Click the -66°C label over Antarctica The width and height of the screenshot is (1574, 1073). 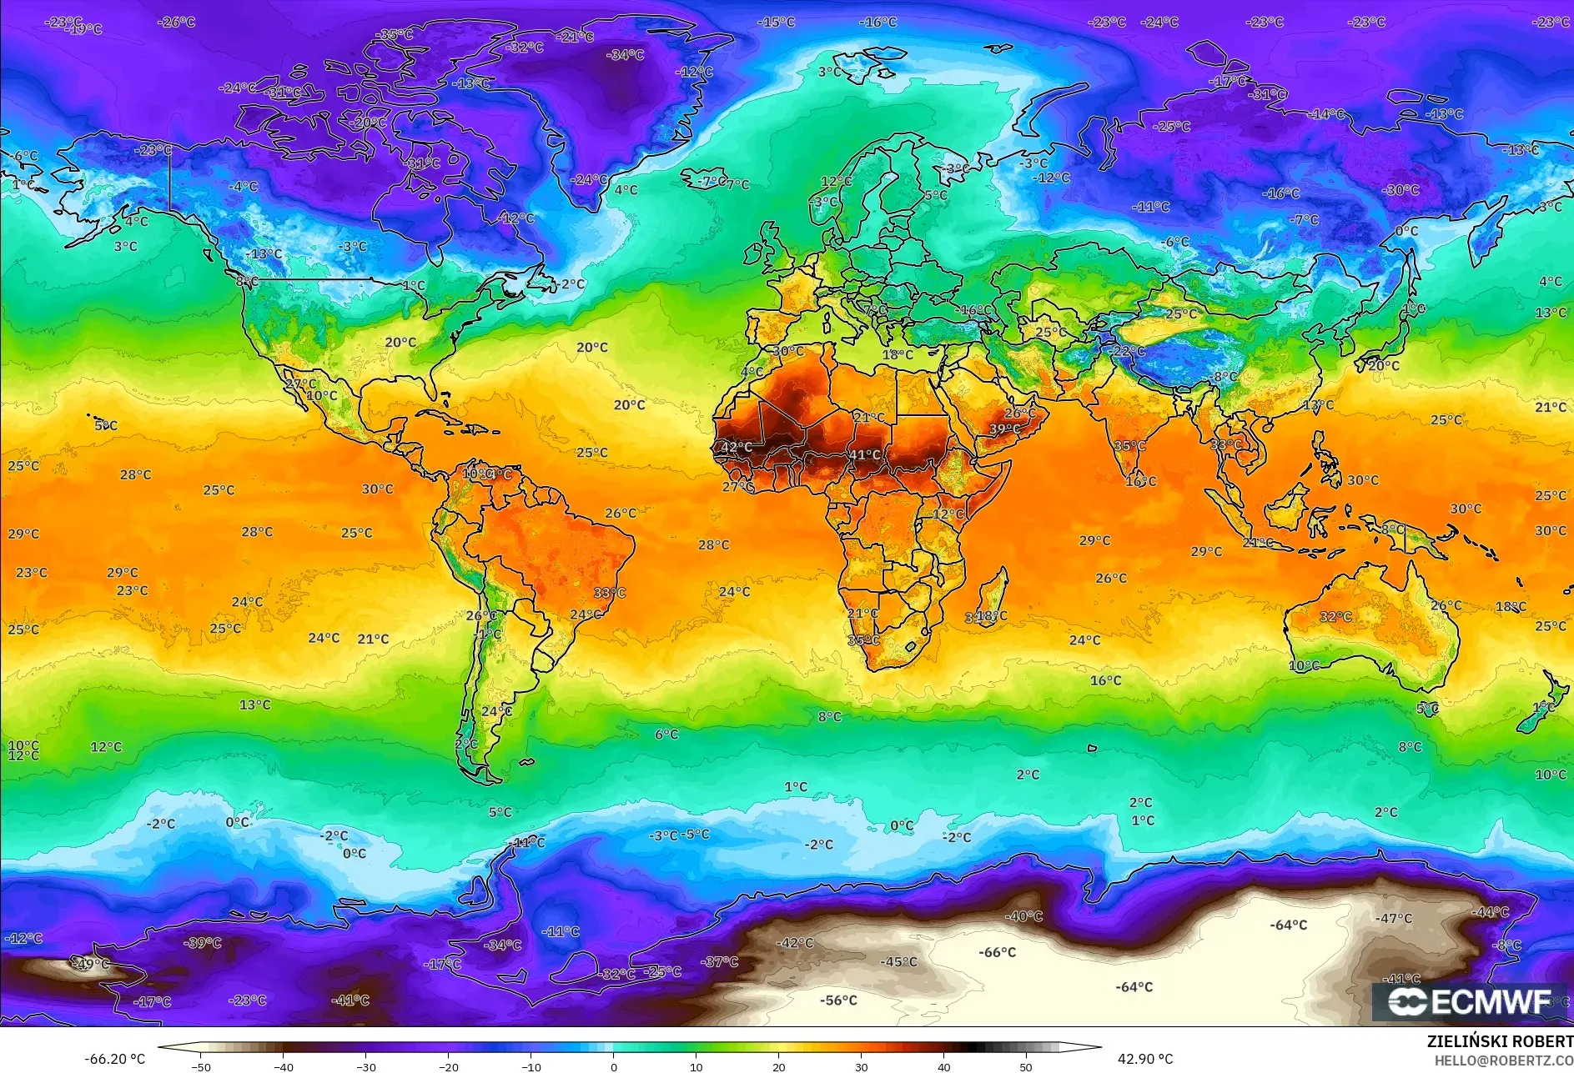997,952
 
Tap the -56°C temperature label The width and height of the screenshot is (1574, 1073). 838,1000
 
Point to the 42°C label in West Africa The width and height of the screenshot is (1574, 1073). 736,447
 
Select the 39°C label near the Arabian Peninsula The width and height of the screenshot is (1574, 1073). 1004,429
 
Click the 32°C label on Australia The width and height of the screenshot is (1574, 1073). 1335,617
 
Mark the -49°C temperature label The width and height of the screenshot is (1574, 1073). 91,964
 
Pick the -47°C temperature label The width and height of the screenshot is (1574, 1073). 1394,919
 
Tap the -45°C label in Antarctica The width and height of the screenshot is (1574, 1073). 898,962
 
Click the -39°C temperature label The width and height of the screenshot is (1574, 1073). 203,943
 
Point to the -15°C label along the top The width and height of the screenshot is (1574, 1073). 776,23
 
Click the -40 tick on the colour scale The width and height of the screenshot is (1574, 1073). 284,1066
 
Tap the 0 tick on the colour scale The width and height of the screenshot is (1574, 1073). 614,1066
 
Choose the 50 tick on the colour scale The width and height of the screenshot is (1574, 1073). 1026,1066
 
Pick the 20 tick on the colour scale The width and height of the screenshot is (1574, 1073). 779,1066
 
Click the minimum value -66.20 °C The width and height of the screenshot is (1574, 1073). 115,1059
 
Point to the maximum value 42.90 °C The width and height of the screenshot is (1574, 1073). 1145,1059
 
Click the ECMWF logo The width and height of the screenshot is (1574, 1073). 1470,1001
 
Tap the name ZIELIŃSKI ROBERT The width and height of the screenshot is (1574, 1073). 1500,1041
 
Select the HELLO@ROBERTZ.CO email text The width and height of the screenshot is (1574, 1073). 1503,1060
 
